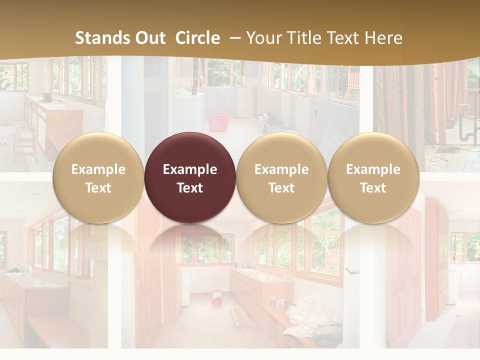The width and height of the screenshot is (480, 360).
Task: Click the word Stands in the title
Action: (103, 38)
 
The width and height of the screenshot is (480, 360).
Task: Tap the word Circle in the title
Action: (197, 38)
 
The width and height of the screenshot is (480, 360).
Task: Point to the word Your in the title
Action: (263, 38)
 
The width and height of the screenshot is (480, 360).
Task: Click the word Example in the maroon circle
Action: (190, 169)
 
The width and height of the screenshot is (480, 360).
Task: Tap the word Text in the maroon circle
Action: (190, 188)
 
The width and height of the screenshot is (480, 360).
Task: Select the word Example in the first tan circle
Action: (98, 169)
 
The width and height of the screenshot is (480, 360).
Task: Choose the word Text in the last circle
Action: (373, 188)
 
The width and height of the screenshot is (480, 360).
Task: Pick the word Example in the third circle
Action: (281, 169)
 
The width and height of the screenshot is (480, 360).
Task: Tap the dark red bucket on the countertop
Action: (47, 96)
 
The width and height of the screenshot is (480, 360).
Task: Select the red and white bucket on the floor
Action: (216, 295)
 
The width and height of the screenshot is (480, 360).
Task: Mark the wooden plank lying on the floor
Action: (243, 317)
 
